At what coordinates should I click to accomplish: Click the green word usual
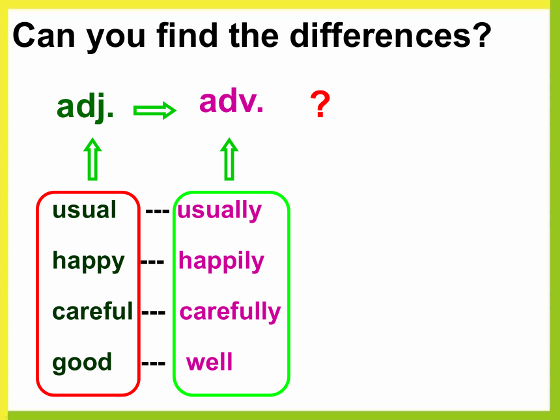point(84,210)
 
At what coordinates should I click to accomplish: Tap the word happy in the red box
point(88,261)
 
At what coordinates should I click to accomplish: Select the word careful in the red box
point(92,311)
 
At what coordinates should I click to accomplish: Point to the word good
point(82,363)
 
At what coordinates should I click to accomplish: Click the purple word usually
point(219,211)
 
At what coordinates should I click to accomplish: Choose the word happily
point(221,261)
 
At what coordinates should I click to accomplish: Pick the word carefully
point(230,312)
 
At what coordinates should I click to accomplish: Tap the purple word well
point(209,362)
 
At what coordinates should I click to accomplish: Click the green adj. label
point(85,107)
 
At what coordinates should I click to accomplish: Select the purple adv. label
point(231,101)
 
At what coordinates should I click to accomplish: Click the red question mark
point(320,104)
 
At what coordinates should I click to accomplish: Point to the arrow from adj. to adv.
point(154,110)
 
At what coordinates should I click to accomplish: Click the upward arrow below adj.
point(92,159)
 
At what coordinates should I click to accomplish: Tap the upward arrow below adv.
point(229,159)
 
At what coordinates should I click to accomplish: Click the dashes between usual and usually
point(158,211)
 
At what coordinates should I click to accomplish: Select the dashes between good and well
point(154,364)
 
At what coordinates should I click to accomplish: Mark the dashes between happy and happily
point(152,262)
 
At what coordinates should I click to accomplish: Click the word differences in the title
point(391,35)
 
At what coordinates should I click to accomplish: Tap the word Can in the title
point(44,36)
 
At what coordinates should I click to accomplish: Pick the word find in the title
point(187,35)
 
